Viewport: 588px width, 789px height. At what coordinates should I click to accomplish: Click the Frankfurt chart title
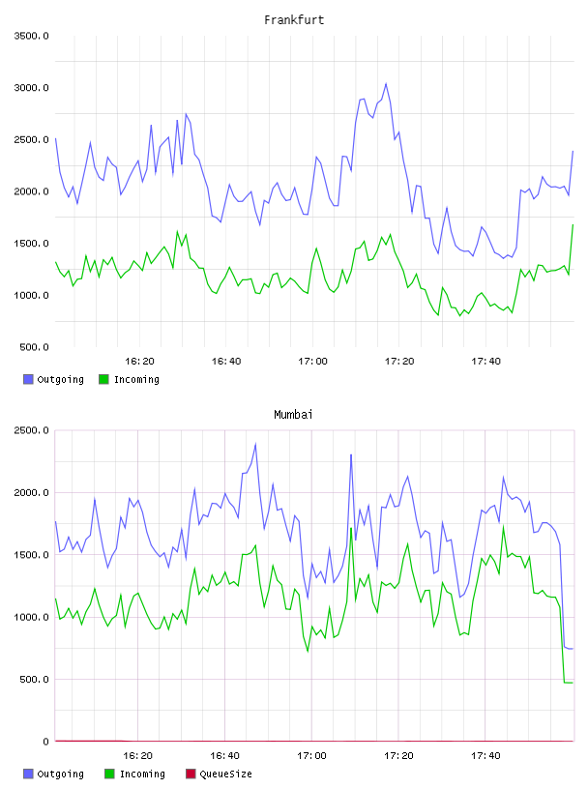point(294,20)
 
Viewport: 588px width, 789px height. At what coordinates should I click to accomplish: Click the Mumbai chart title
point(293,415)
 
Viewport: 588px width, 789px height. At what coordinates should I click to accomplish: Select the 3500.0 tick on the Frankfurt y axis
point(32,36)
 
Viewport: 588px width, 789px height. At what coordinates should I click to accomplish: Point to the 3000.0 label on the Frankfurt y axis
point(32,88)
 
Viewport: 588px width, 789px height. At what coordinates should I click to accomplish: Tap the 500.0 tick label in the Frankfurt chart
point(34,347)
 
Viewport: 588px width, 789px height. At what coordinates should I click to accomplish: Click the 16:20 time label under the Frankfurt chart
point(139,362)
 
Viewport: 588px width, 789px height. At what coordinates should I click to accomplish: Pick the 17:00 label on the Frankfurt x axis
point(312,362)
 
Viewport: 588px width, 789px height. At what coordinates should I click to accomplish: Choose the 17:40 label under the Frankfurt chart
point(485,362)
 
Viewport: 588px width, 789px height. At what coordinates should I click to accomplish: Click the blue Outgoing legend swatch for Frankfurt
point(28,379)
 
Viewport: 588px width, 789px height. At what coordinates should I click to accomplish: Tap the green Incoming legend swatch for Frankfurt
point(103,379)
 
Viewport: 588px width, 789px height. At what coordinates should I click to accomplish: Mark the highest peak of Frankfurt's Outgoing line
point(386,83)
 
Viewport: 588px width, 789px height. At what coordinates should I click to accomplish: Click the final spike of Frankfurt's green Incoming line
point(573,225)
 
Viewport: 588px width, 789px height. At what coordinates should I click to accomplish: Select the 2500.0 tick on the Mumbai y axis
point(32,430)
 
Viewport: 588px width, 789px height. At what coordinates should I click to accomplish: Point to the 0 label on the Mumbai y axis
point(45,742)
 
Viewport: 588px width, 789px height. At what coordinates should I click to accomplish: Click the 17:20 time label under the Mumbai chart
point(399,756)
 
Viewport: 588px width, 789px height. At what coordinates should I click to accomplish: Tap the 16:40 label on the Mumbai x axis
point(225,756)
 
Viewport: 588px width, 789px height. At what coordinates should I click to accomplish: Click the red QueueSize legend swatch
point(191,774)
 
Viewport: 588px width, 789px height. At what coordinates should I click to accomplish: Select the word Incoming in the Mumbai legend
point(142,774)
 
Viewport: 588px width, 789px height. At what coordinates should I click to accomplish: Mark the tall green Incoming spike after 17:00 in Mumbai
point(351,528)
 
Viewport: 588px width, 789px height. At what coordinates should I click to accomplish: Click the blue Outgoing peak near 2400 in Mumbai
point(255,444)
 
